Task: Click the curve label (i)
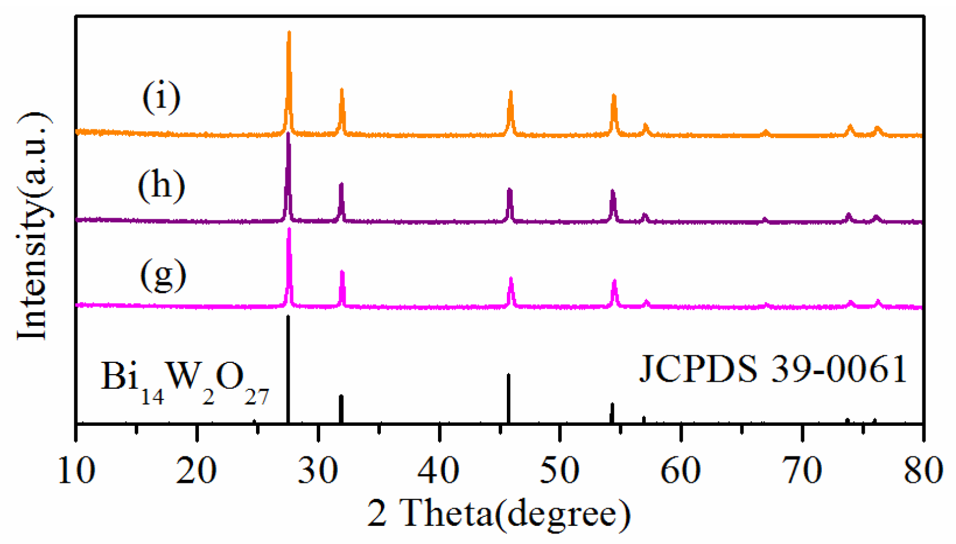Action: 161,97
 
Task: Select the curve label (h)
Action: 161,186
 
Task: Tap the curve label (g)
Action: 162,275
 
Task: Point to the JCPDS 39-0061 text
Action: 773,369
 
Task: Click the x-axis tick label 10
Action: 77,470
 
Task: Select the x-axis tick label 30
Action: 318,470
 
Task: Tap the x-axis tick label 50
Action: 560,470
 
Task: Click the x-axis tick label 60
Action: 681,470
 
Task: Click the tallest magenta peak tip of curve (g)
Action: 288,229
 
